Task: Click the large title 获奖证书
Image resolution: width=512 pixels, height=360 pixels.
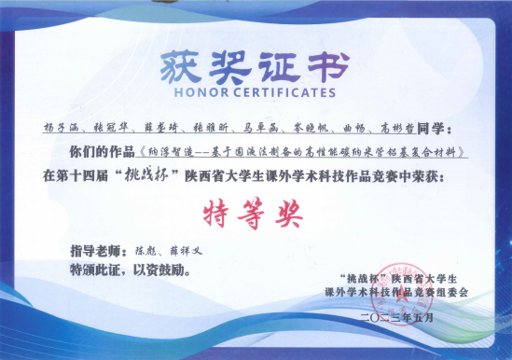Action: (255, 66)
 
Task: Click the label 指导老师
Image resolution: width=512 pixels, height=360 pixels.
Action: (97, 250)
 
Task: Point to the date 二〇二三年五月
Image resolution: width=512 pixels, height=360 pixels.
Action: (396, 319)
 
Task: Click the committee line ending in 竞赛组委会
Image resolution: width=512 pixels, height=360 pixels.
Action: (396, 293)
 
